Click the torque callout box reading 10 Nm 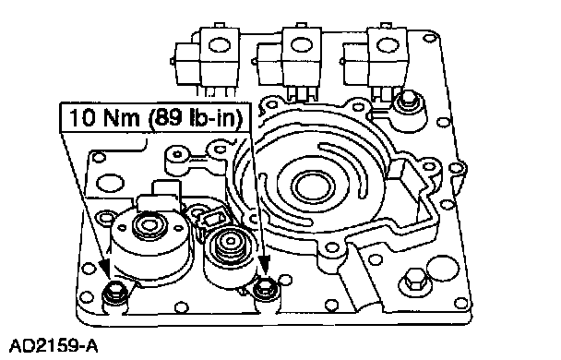click(x=155, y=118)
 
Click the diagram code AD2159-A click(x=54, y=346)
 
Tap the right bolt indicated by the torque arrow click(x=264, y=286)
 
